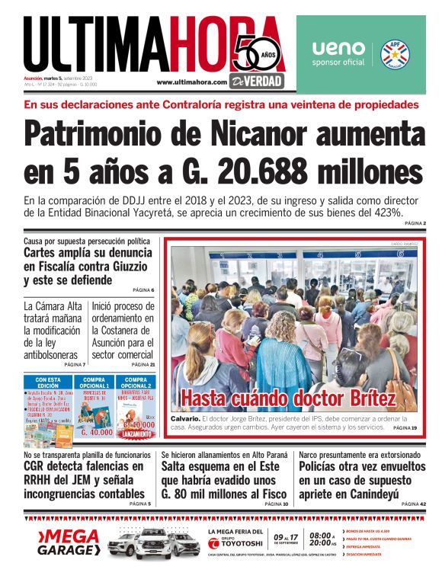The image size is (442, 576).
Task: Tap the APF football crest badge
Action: pos(395,53)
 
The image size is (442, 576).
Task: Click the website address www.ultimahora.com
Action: pos(191,82)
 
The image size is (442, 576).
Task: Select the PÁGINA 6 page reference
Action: pos(143,290)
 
